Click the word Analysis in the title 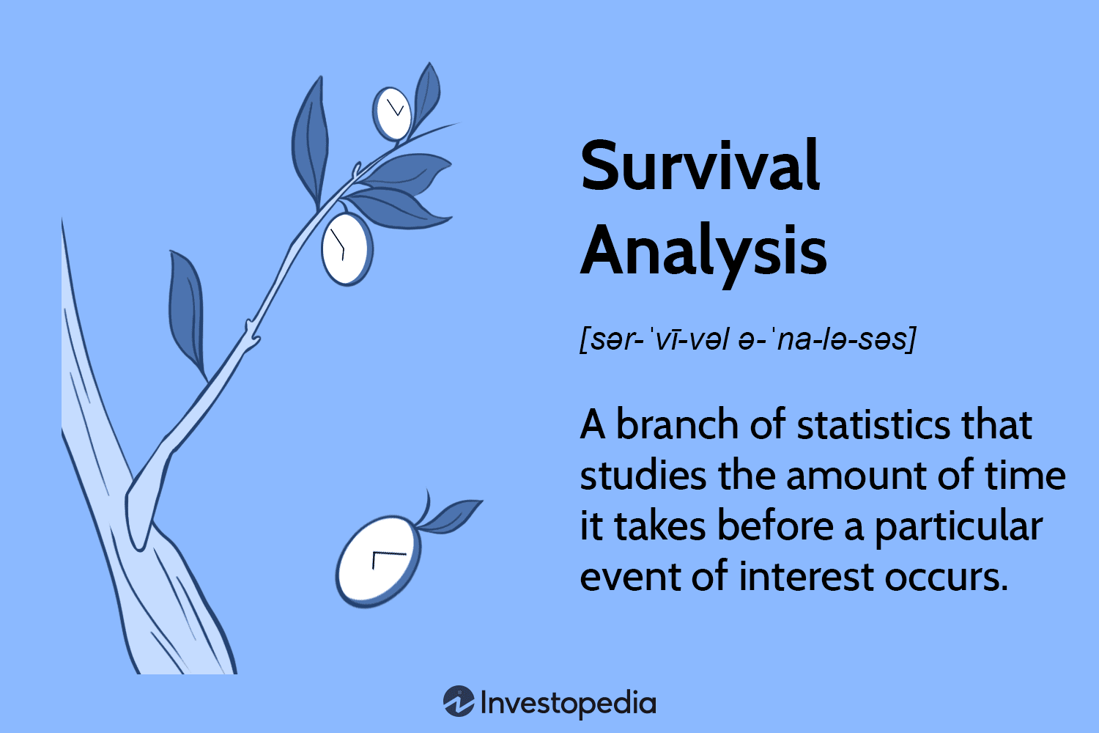pos(703,251)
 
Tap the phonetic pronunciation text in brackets pos(747,339)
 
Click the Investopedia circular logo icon pos(459,701)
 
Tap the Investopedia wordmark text pos(568,704)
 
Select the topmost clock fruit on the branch pos(392,114)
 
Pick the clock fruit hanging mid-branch pos(346,248)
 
